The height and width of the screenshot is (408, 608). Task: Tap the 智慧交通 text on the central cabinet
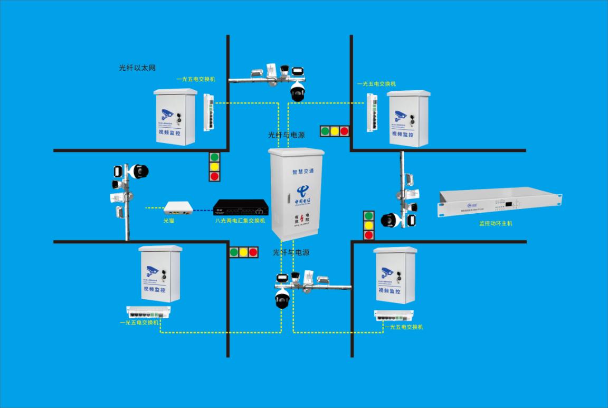(303, 172)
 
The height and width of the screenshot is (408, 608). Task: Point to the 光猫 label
(168, 221)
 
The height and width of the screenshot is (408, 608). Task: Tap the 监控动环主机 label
(496, 223)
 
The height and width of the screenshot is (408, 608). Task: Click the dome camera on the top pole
(298, 92)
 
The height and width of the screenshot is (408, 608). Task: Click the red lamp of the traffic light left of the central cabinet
(214, 176)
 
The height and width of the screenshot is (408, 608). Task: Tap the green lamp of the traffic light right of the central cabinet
(369, 215)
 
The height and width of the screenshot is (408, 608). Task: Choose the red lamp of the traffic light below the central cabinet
(253, 252)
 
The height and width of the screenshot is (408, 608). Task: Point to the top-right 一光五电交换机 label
(376, 84)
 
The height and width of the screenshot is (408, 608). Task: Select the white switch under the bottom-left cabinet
(148, 312)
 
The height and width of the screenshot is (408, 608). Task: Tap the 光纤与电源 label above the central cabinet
(286, 135)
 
